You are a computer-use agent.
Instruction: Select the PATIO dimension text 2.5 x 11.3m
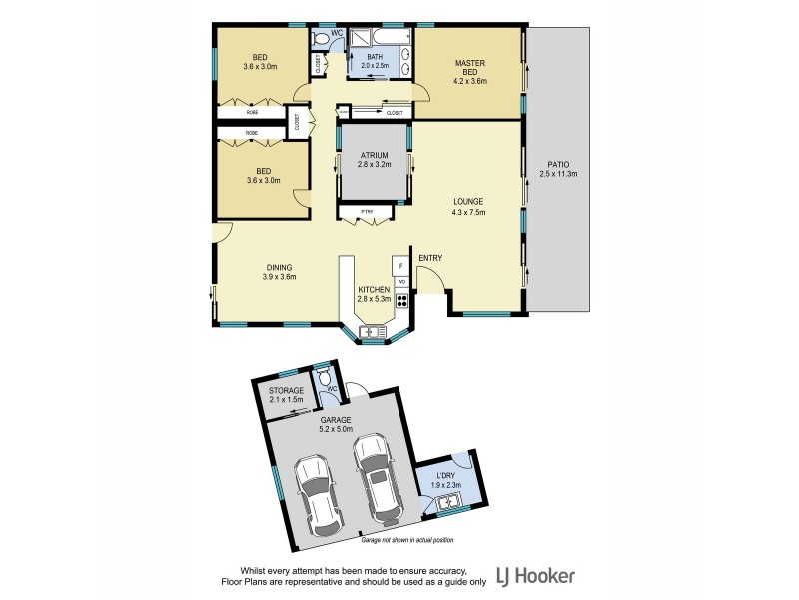click(559, 174)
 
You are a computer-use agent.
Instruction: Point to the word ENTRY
click(430, 258)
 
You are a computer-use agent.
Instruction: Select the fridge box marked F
click(401, 267)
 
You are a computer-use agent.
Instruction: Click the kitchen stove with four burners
click(401, 299)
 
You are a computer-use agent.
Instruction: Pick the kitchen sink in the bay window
click(375, 331)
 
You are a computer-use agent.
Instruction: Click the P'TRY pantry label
click(354, 211)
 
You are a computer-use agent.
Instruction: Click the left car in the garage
click(318, 494)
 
